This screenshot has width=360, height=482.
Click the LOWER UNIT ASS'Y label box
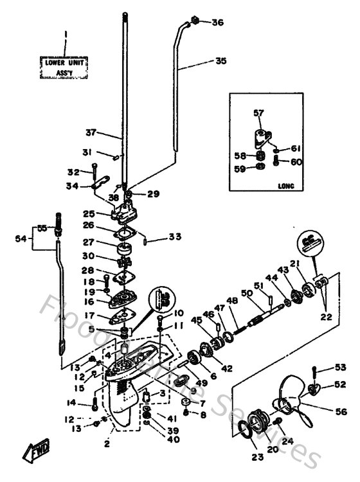click(x=65, y=67)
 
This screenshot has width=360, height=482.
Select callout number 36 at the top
click(x=217, y=22)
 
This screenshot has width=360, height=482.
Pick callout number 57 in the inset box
click(x=258, y=113)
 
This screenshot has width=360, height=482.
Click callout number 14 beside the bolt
click(x=71, y=403)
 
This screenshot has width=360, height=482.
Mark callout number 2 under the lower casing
click(x=107, y=443)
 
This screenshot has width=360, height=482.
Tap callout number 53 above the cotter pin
click(x=340, y=368)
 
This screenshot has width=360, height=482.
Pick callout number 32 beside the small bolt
click(x=73, y=172)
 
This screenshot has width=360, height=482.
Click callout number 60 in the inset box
click(x=296, y=162)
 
